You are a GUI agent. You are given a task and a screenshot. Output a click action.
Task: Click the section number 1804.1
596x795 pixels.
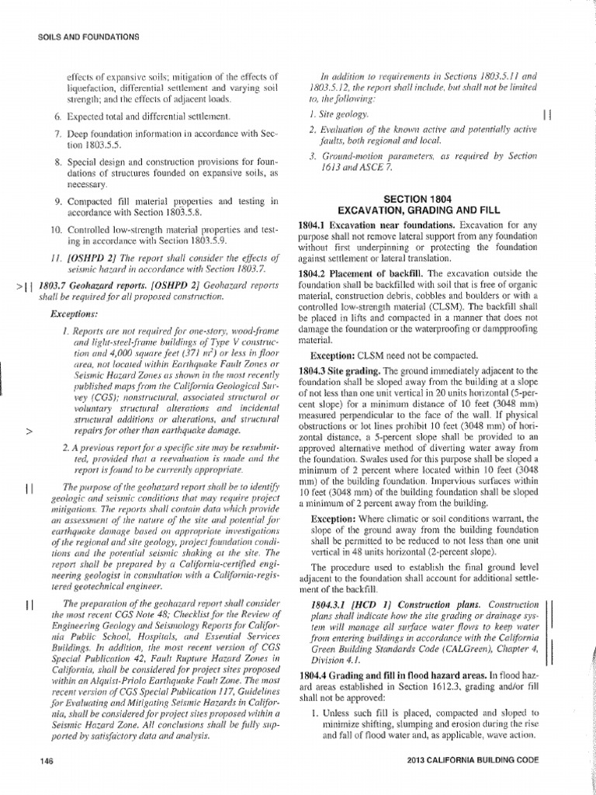pyautogui.click(x=314, y=225)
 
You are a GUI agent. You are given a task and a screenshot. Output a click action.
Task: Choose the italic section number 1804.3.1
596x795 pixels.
pyautogui.click(x=331, y=603)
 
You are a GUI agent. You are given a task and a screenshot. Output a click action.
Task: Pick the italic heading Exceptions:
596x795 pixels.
pyautogui.click(x=74, y=315)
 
